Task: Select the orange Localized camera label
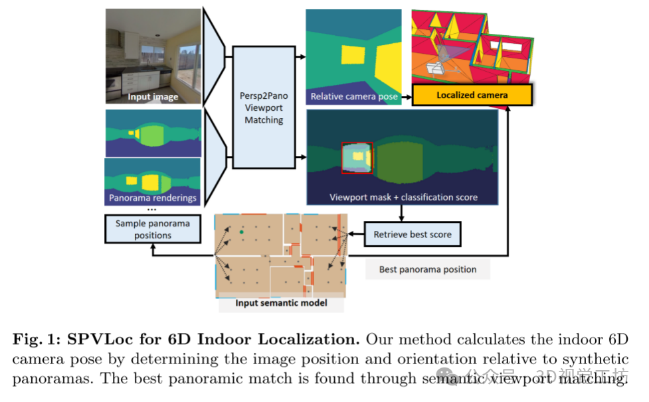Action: (x=472, y=96)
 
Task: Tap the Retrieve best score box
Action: (x=412, y=234)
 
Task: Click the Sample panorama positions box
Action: (x=152, y=230)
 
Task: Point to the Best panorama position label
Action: (x=427, y=269)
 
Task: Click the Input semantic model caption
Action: (x=282, y=304)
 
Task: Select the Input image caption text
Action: (x=153, y=97)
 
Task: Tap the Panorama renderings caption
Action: (x=153, y=198)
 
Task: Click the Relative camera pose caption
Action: (x=354, y=97)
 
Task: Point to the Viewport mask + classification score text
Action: (x=403, y=197)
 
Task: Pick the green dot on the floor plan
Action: (x=240, y=232)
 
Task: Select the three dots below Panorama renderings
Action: (x=152, y=209)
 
